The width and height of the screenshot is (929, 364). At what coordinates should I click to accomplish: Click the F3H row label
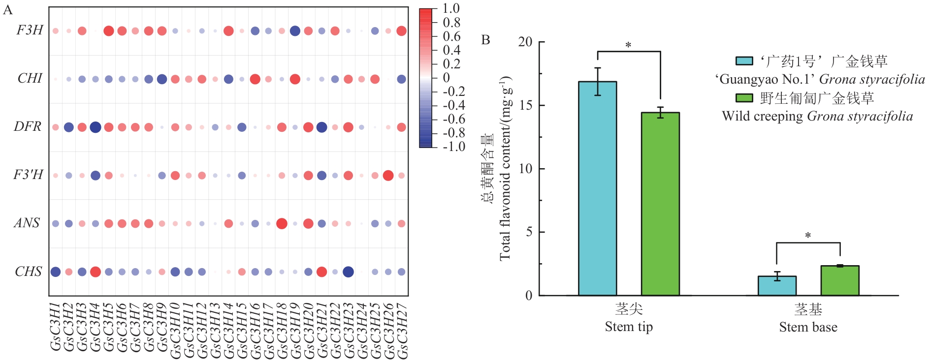pyautogui.click(x=30, y=30)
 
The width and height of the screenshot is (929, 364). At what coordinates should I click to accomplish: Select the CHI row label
pyautogui.click(x=30, y=79)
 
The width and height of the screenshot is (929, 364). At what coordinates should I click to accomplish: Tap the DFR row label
pyautogui.click(x=28, y=127)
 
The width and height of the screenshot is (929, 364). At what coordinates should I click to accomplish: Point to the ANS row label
pyautogui.click(x=27, y=223)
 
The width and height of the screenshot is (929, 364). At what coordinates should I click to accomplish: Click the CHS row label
pyautogui.click(x=28, y=272)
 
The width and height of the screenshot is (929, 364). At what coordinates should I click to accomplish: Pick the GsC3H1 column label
pyautogui.click(x=56, y=327)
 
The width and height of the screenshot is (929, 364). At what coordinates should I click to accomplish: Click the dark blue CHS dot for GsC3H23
pyautogui.click(x=348, y=272)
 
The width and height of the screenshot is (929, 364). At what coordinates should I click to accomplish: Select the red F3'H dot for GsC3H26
pyautogui.click(x=388, y=175)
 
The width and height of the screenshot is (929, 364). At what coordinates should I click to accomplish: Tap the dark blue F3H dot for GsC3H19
pyautogui.click(x=295, y=31)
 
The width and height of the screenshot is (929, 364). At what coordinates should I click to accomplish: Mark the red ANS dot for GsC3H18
pyautogui.click(x=282, y=224)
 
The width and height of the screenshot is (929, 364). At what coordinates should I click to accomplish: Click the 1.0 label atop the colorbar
pyautogui.click(x=451, y=8)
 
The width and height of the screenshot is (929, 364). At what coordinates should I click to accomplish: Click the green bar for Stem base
pyautogui.click(x=840, y=280)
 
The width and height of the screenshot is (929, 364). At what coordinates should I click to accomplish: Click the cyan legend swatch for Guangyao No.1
pyautogui.click(x=744, y=61)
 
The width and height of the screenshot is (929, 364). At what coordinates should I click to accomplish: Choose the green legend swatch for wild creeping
pyautogui.click(x=744, y=98)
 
